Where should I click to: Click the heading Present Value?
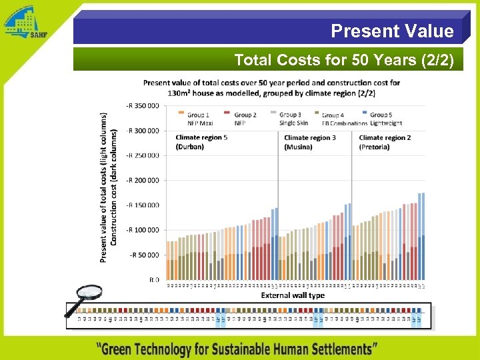pos(392,31)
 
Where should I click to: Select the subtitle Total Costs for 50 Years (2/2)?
pos(343,61)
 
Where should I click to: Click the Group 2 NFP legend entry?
pos(243,119)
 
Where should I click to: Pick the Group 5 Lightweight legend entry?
pos(385,119)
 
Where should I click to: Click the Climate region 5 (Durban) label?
pos(201,142)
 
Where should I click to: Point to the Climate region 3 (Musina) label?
pos(309,142)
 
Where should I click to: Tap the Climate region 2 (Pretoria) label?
pos(385,142)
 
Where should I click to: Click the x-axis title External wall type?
pos(293,295)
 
